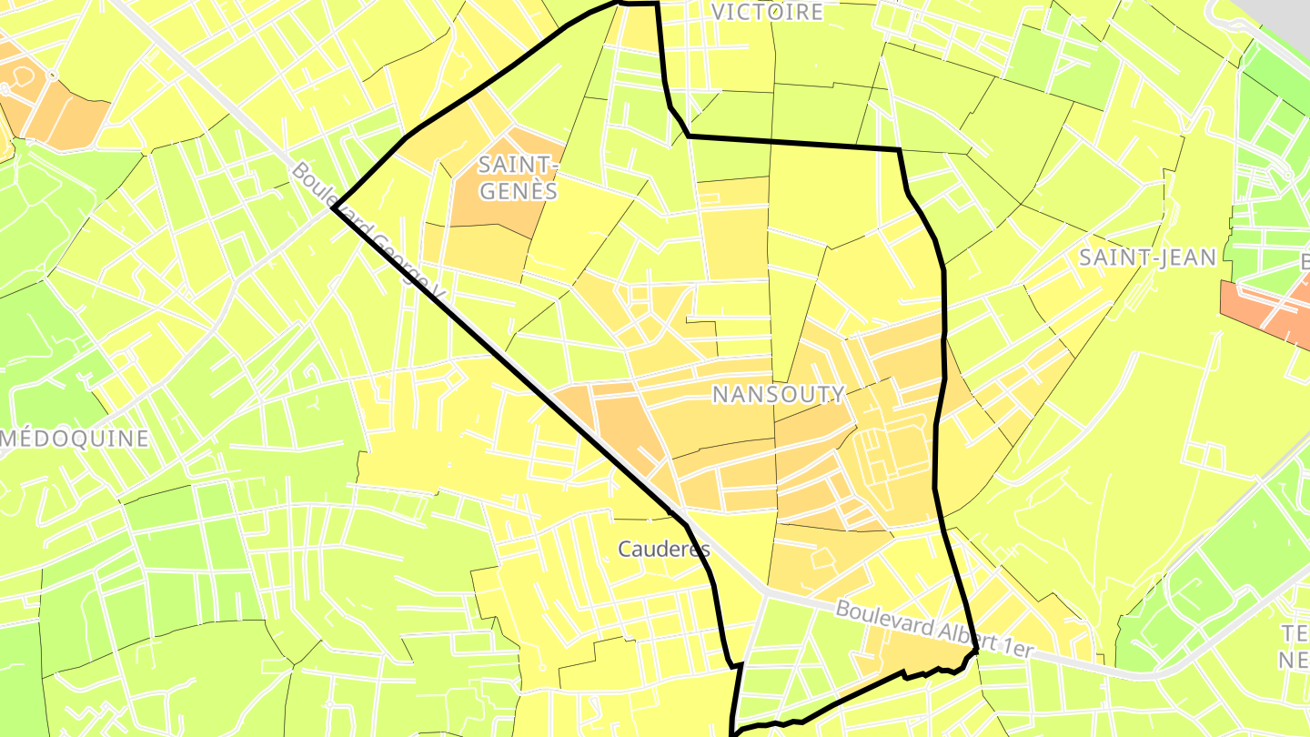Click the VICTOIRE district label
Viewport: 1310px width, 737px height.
click(x=767, y=12)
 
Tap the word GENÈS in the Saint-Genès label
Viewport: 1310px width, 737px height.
click(x=519, y=192)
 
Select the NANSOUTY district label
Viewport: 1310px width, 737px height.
click(x=778, y=395)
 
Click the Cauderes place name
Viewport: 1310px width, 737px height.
click(x=663, y=550)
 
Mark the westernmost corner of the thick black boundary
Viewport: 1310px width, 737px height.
click(x=333, y=208)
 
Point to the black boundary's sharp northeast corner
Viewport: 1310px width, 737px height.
click(x=899, y=150)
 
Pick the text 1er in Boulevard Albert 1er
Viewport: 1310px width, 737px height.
click(x=1017, y=647)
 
